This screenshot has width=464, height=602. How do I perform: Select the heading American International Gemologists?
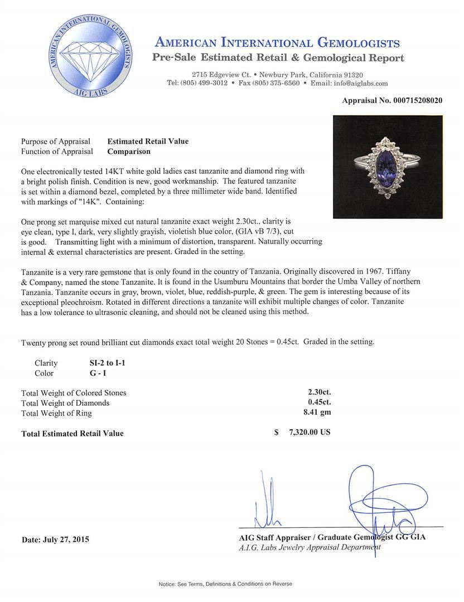click(277, 43)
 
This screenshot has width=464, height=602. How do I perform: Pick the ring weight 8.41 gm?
click(316, 413)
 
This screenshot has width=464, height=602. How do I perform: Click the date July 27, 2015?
click(55, 540)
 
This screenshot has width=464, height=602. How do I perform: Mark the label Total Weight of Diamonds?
click(65, 403)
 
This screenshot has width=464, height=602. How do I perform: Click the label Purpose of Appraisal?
click(57, 142)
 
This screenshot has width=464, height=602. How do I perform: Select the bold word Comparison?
click(129, 152)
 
